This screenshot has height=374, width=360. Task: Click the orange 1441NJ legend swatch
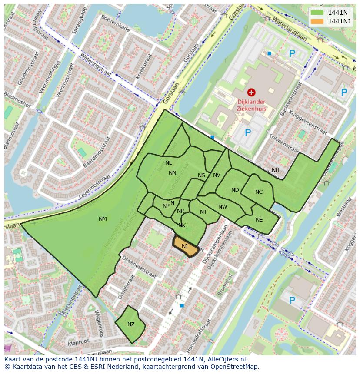tap(318, 21)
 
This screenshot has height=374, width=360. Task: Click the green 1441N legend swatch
tap(318, 13)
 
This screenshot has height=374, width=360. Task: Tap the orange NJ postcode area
tap(185, 246)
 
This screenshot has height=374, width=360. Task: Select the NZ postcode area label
tap(131, 324)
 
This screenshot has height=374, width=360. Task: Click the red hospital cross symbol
tap(251, 92)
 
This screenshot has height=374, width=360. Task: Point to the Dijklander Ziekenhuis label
tap(251, 106)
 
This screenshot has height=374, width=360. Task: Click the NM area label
tap(103, 218)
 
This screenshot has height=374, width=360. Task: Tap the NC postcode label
tap(259, 192)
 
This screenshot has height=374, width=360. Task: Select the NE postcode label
tap(259, 220)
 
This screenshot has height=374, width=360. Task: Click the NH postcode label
tap(276, 170)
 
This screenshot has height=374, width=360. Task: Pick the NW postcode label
tap(223, 207)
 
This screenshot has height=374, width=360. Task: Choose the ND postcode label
tap(235, 190)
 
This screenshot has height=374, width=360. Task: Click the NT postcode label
tap(203, 212)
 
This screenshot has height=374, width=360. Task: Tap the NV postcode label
tap(217, 175)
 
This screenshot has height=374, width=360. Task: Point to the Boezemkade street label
tap(115, 23)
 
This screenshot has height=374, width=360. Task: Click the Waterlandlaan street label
tap(290, 30)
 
